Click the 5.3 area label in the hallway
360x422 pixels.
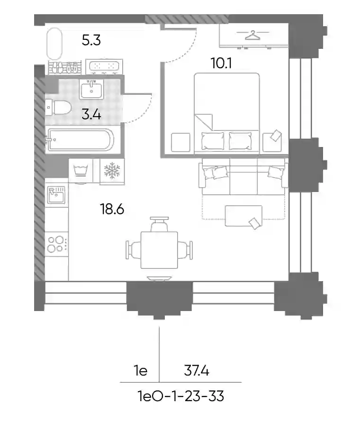91,40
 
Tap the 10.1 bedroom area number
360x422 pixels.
221,64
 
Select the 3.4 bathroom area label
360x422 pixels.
91,115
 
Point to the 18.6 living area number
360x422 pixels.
112,209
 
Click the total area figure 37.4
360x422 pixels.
197,371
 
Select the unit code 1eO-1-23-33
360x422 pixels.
180,396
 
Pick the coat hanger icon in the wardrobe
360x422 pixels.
253,35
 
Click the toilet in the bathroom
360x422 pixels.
58,107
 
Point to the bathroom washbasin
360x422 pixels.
91,89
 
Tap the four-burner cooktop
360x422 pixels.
57,244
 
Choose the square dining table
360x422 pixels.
159,250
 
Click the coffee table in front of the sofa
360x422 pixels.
243,216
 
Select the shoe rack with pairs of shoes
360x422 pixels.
65,68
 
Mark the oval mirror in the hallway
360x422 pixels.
54,44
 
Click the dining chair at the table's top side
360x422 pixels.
160,224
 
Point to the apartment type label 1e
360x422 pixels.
141,371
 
